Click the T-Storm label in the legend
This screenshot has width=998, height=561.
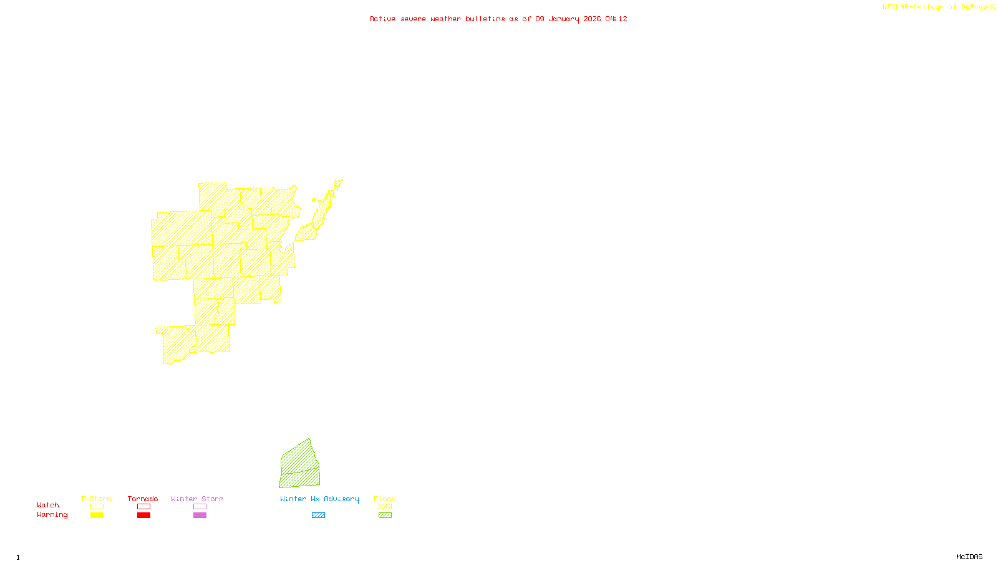96,499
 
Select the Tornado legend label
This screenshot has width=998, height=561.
143,499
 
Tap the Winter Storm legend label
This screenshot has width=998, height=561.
197,499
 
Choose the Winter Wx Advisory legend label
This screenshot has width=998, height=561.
319,499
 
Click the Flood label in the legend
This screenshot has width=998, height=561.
385,499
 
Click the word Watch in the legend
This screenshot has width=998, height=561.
48,505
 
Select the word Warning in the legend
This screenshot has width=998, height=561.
52,515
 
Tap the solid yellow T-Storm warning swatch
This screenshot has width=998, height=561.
97,515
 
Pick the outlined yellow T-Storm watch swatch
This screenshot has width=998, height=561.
97,507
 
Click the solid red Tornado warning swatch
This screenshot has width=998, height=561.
143,515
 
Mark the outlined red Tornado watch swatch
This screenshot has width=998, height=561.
143,507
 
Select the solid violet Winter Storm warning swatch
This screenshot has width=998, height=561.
200,515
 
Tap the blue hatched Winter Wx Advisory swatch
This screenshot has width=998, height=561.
318,515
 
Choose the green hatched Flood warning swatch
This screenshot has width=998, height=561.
385,515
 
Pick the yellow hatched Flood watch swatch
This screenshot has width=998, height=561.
385,507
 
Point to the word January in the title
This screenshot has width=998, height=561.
564,19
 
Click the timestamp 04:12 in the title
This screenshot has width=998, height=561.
616,19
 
